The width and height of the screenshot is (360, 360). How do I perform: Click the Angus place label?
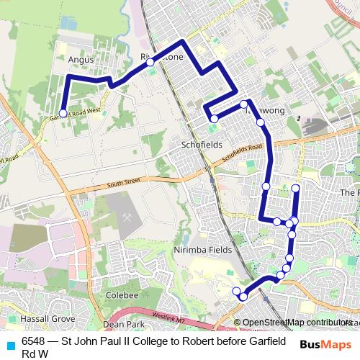point(81,60)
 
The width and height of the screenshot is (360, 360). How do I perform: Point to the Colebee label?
point(122,295)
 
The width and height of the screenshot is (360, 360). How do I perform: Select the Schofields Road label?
point(243,151)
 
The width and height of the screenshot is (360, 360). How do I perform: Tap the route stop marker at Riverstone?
point(150,63)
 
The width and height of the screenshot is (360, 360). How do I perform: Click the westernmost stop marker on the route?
point(63,113)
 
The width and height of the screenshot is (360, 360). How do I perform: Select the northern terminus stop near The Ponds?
point(296,188)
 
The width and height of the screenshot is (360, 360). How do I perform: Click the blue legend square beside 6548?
point(10,341)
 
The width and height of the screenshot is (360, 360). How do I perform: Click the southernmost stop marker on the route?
point(243,297)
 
